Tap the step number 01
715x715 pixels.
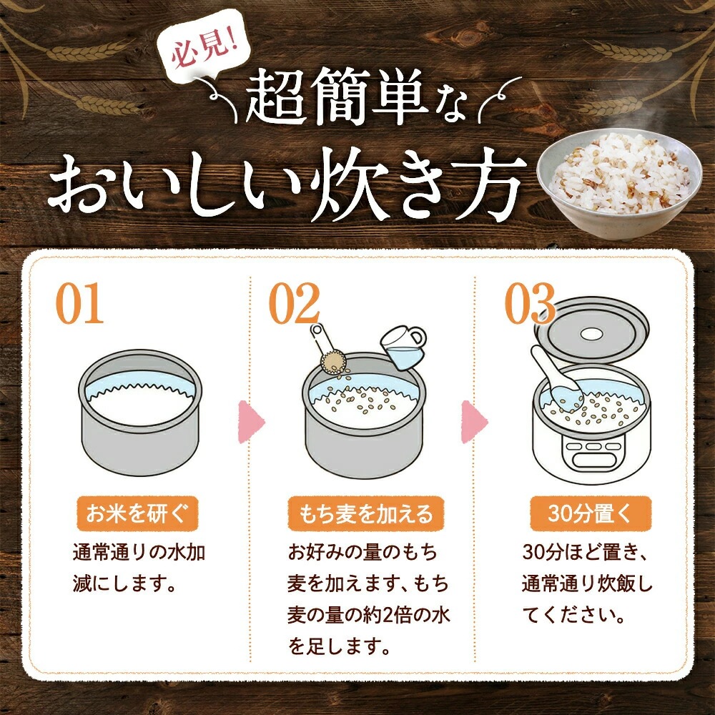(80, 302)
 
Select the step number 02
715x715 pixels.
(294, 302)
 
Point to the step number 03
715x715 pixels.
(530, 302)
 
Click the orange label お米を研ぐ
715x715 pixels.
(137, 514)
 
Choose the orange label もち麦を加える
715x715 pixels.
(365, 514)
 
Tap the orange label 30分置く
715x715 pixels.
(591, 514)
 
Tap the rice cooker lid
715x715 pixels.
(592, 332)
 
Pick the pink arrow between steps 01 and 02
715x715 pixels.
(250, 422)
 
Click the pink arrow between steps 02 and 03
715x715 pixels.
(474, 422)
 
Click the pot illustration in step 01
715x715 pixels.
(140, 413)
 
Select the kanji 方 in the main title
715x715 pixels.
(492, 186)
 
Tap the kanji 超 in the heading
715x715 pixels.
(277, 97)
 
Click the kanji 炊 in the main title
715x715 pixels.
(352, 186)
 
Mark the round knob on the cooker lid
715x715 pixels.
(591, 334)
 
